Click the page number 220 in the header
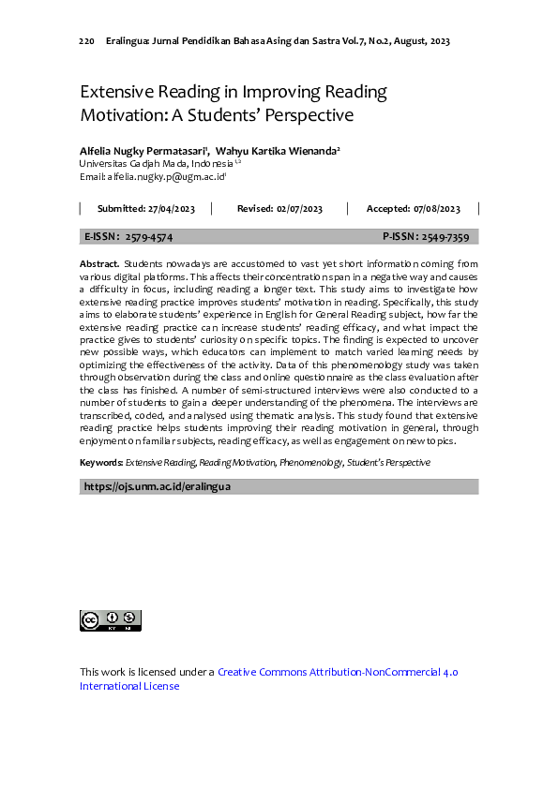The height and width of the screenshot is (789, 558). [x=86, y=41]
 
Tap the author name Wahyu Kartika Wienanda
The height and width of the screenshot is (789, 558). [x=276, y=150]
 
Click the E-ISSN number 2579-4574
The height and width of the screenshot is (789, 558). [x=149, y=238]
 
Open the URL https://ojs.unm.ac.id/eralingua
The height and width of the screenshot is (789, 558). [x=158, y=487]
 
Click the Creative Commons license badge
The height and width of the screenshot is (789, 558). [x=111, y=620]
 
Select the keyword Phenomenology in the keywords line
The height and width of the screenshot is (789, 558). [x=310, y=463]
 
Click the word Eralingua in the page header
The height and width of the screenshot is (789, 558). [x=128, y=41]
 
